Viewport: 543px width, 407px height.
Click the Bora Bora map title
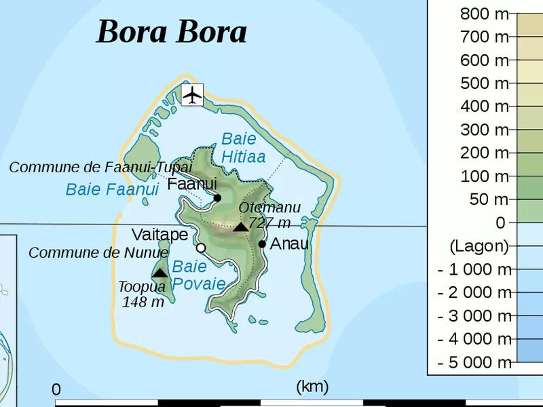[x=171, y=31]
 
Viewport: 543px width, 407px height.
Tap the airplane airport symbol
[x=193, y=94]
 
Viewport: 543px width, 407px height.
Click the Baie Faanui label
[x=112, y=189]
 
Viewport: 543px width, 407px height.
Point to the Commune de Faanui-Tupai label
[x=100, y=167]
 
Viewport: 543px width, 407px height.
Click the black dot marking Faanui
[x=217, y=198]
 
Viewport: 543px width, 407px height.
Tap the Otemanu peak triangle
[x=241, y=227]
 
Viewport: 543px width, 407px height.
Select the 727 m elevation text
[x=269, y=222]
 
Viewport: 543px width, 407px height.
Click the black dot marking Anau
[x=262, y=244]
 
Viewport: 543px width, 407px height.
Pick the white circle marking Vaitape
[x=201, y=248]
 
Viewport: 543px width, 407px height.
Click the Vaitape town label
[x=160, y=235]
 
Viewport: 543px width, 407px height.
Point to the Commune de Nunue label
[x=98, y=253]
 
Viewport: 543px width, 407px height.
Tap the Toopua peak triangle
[x=160, y=273]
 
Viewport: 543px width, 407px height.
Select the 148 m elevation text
[x=143, y=303]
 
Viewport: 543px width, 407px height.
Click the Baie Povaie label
[x=198, y=275]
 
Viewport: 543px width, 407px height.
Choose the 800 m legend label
[x=484, y=14]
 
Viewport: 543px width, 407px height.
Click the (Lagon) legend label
[x=479, y=246]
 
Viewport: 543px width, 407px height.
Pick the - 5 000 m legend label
[x=474, y=362]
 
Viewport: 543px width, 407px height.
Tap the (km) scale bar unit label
[x=312, y=387]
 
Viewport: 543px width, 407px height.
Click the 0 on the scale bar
[x=56, y=390]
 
